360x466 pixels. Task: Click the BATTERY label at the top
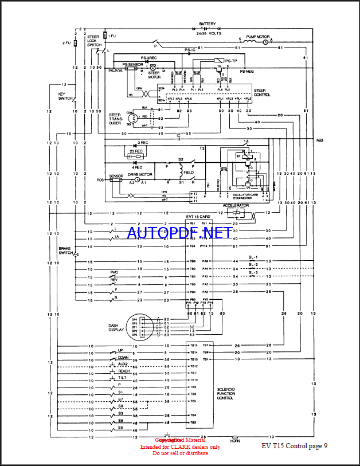(207, 24)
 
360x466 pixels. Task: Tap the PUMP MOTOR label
(257, 36)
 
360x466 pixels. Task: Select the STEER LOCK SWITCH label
(95, 41)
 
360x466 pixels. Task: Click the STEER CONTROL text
(260, 92)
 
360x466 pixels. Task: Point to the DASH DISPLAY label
(117, 328)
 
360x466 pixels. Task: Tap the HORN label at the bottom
(235, 440)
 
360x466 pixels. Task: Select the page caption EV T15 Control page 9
(295, 446)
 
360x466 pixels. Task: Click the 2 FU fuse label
(66, 43)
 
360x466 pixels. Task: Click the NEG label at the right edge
(319, 139)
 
